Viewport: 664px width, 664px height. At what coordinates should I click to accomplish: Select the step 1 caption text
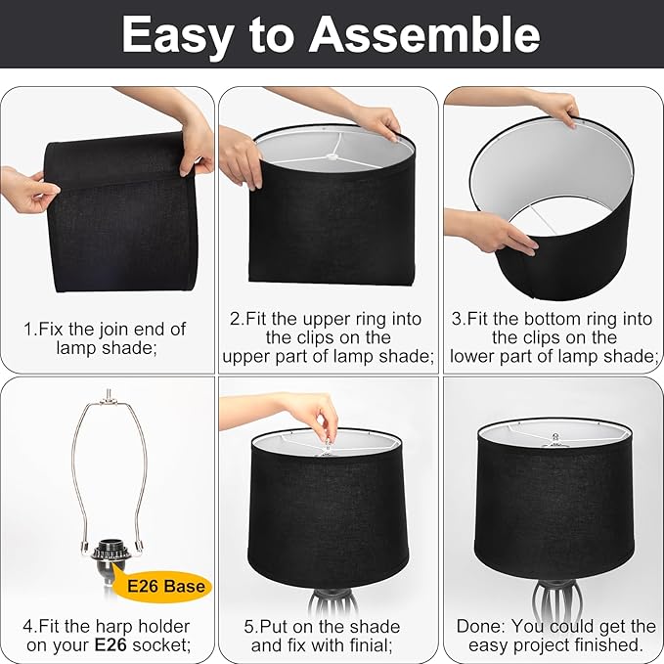105,338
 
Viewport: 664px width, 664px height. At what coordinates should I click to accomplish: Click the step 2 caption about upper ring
328,337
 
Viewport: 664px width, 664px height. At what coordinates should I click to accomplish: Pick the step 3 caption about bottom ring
553,337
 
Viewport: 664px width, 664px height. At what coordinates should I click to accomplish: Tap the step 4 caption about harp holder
107,635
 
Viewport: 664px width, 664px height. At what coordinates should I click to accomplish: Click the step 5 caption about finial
326,635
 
